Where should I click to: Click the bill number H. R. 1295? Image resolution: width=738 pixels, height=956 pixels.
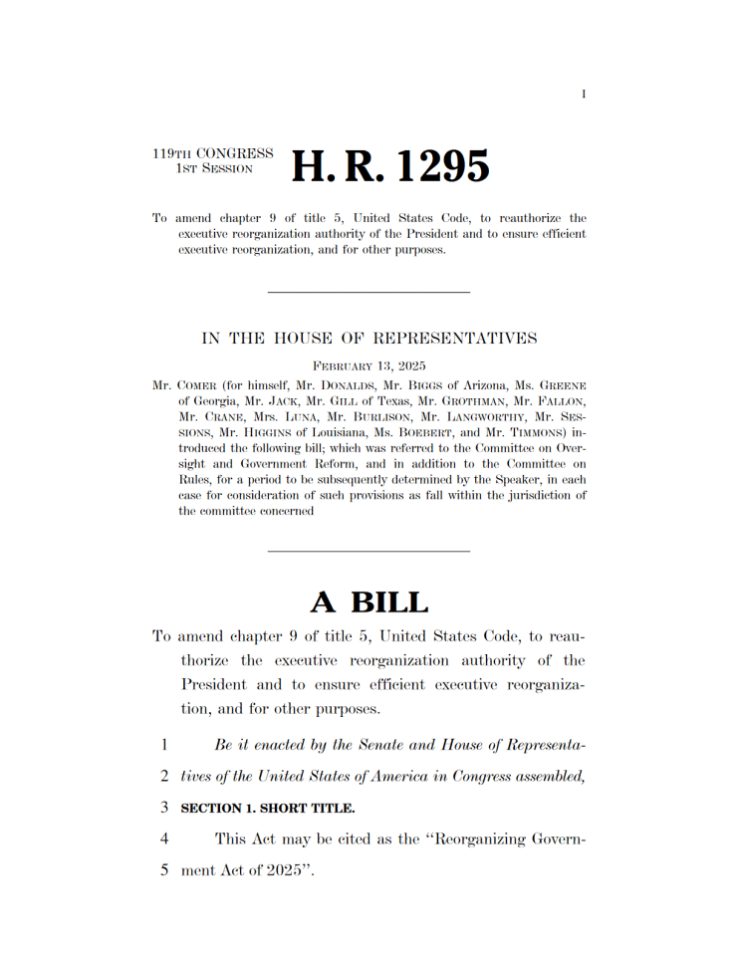click(390, 166)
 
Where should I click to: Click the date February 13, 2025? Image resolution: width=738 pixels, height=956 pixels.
click(369, 365)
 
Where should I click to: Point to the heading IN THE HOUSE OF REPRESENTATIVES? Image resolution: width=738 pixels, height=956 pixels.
click(369, 339)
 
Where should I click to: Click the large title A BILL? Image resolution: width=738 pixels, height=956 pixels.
click(369, 601)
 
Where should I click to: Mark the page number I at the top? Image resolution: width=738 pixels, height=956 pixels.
click(584, 95)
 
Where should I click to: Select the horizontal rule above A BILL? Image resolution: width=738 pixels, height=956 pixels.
click(369, 551)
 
